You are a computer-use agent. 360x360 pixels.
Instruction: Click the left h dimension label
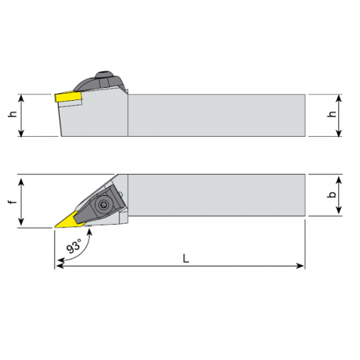tap(13, 114)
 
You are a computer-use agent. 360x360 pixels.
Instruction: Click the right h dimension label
tap(332, 114)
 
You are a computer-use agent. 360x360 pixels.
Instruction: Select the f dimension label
tap(13, 202)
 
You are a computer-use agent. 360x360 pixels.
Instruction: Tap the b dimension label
tap(332, 194)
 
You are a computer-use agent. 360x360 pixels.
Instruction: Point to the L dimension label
tap(186, 258)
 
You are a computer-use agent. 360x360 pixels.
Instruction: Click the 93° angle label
tap(74, 246)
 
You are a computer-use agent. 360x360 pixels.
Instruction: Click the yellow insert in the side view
tap(68, 96)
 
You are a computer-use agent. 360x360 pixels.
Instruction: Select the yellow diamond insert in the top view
tap(68, 220)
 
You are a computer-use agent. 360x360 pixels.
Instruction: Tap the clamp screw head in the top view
tap(104, 204)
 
